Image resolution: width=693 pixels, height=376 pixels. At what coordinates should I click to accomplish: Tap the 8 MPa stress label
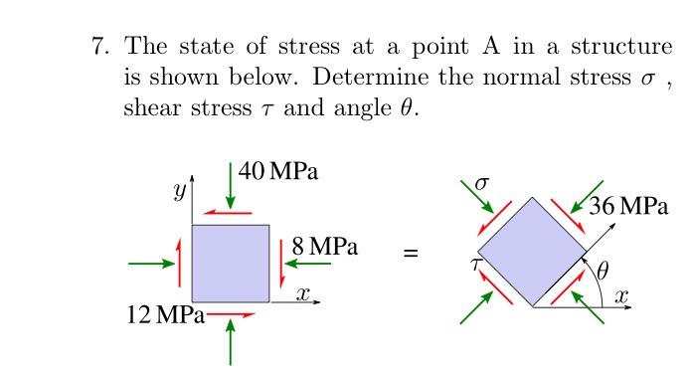325,246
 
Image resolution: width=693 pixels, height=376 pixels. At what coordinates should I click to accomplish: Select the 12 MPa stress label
165,316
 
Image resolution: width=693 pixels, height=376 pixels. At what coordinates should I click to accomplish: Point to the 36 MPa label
628,207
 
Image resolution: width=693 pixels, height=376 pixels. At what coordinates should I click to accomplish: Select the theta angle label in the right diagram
602,268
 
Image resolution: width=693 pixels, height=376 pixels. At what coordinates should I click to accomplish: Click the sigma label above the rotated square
483,183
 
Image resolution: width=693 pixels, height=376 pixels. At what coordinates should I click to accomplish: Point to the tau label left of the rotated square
477,265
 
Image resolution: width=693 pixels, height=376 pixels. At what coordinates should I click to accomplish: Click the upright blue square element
231,263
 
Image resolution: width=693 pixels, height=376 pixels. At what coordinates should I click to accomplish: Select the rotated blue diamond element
534,253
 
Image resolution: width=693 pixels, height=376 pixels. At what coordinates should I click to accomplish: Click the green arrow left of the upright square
151,264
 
